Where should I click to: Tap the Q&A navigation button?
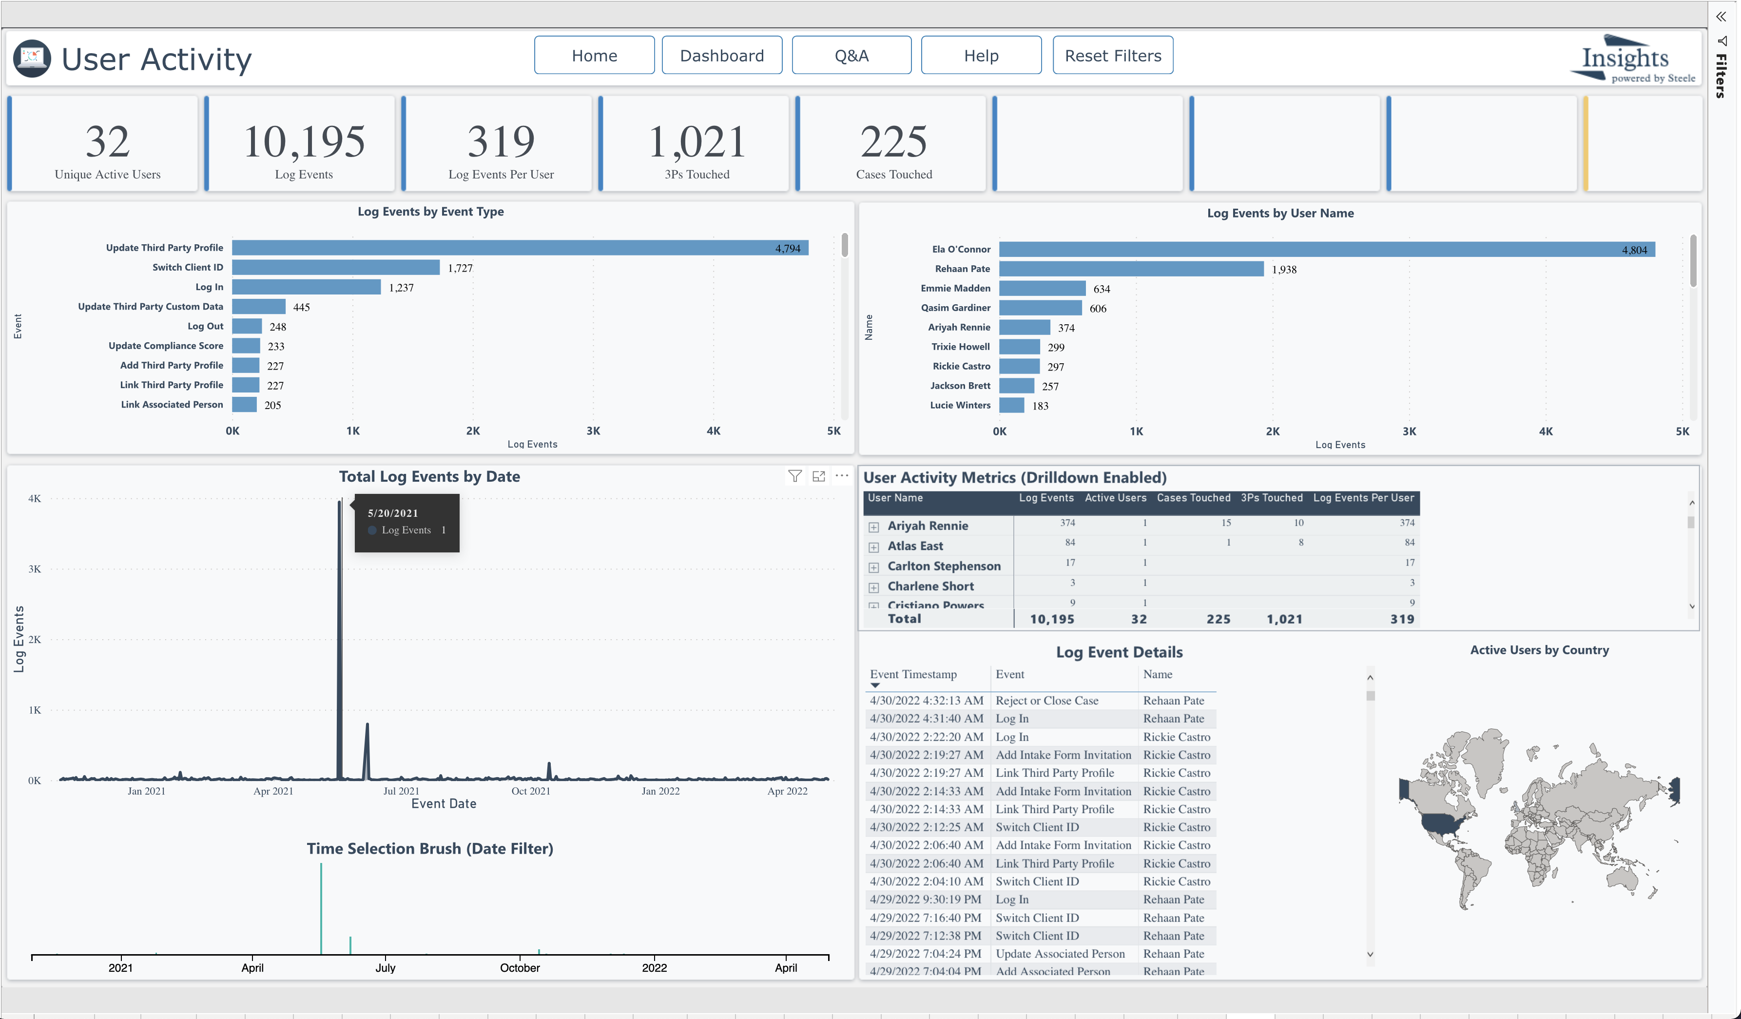click(851, 55)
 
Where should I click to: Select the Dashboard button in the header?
click(721, 55)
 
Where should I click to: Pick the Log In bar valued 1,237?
click(306, 287)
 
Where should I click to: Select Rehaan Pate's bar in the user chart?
click(1130, 269)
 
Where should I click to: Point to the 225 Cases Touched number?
click(893, 142)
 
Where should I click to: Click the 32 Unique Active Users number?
click(107, 142)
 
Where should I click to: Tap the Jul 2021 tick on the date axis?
click(401, 791)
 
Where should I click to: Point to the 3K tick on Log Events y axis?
click(35, 569)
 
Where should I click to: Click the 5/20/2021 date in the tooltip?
click(392, 513)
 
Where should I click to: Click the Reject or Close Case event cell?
click(1046, 700)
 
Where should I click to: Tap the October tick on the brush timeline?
click(520, 968)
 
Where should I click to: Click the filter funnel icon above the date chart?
click(794, 476)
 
